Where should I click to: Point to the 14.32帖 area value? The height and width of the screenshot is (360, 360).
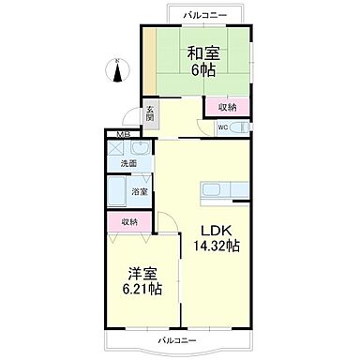pos(217,247)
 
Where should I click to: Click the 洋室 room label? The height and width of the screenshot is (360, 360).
pos(142,273)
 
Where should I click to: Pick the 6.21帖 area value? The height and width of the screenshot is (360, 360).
pos(142,289)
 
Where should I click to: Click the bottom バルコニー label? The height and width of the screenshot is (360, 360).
pos(175,337)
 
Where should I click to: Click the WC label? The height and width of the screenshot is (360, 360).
pos(223,127)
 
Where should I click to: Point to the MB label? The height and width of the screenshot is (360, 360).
pos(122,135)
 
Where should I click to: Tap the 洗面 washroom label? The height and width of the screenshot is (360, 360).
pos(129,164)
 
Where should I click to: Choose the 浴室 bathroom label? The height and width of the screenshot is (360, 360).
pos(137,190)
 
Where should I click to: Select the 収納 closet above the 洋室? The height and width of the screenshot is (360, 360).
pos(129,222)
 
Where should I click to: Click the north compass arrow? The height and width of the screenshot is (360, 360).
pos(116,70)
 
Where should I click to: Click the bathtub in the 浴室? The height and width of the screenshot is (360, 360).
pos(119,191)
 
